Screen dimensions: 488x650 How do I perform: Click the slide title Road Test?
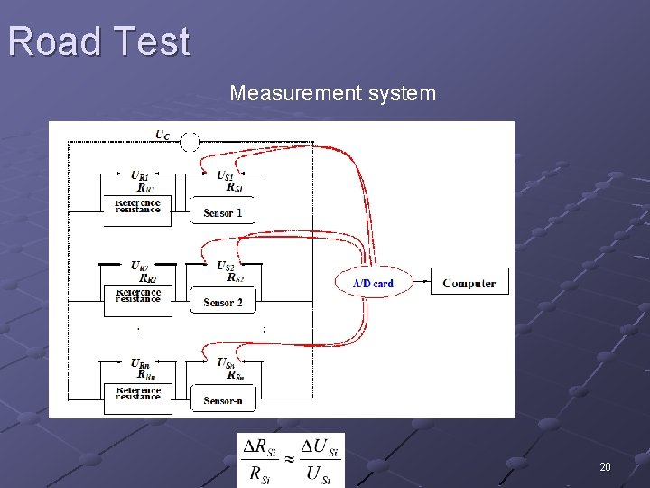[x=99, y=42]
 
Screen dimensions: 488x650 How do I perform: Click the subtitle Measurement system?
[x=332, y=93]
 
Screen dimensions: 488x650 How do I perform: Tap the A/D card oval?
[x=372, y=283]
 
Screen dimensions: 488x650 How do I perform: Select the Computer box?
[x=469, y=283]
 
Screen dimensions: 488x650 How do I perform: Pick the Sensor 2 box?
[x=222, y=302]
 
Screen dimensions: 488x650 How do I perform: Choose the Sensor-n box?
[x=222, y=400]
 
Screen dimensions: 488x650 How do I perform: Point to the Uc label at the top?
[x=162, y=136]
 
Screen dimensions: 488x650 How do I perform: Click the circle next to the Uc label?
[x=190, y=142]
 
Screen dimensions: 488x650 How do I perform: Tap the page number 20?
[x=605, y=467]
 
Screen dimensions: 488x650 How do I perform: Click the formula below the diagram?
[x=291, y=460]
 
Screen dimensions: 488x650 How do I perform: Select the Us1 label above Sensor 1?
[x=226, y=174]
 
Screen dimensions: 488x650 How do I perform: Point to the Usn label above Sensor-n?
[x=226, y=362]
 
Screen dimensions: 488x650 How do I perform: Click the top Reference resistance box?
[x=138, y=206]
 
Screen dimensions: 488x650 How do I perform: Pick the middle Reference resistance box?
[x=138, y=296]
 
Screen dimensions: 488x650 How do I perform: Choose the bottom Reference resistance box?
[x=138, y=393]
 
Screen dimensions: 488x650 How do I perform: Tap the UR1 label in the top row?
[x=139, y=174]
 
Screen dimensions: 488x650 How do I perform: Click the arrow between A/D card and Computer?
[x=419, y=283]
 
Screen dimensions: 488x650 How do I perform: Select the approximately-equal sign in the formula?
[x=290, y=459]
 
